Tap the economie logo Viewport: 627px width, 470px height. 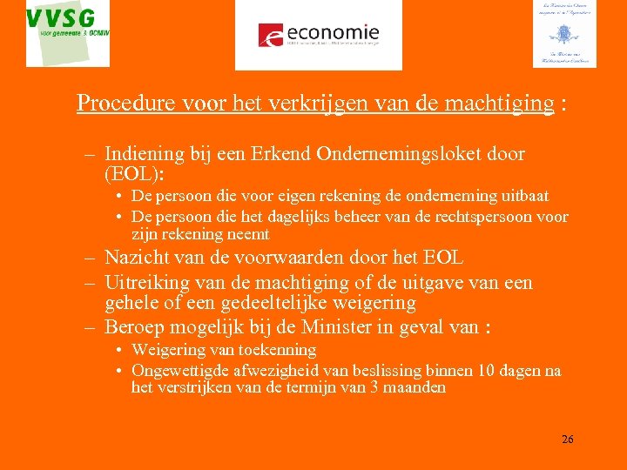coord(319,35)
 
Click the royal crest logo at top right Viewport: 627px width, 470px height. coord(564,34)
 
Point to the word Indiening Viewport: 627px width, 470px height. coord(145,154)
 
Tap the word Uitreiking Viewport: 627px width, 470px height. coord(145,283)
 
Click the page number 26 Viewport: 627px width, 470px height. coord(567,439)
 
